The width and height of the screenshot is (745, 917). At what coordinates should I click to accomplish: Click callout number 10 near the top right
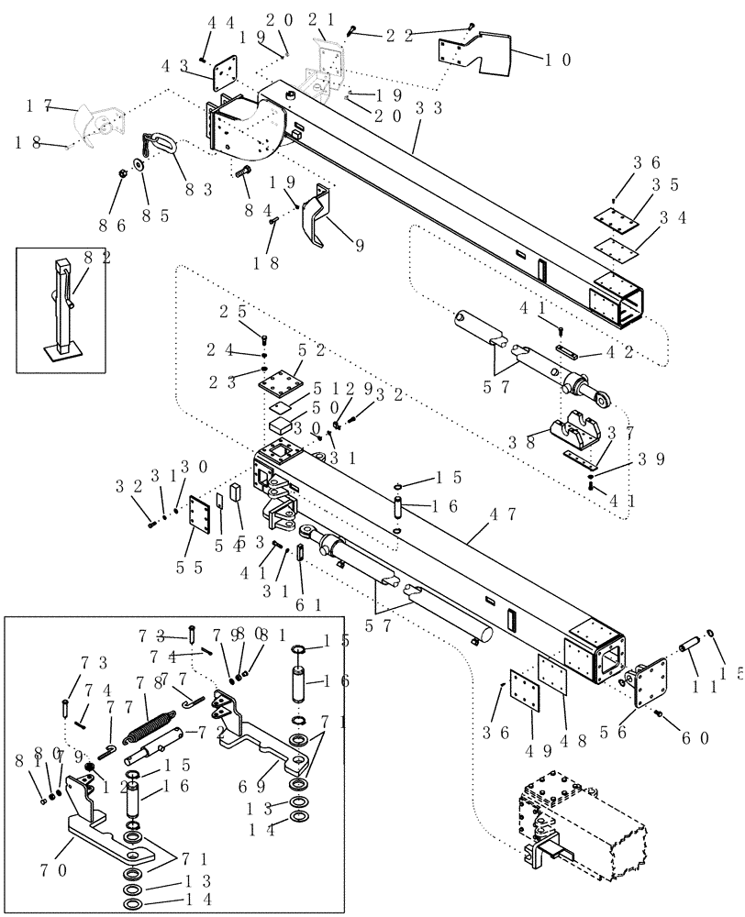tap(558, 61)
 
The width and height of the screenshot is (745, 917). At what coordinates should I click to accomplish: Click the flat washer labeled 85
tap(138, 164)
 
